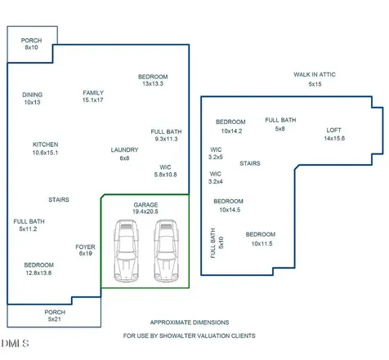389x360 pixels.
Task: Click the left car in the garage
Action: (x=126, y=251)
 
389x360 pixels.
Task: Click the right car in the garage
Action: (x=166, y=251)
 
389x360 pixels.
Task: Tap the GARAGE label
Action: (x=145, y=205)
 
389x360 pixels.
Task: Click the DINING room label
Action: (x=33, y=95)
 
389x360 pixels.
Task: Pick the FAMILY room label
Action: (x=93, y=93)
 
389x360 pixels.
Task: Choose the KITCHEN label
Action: (x=46, y=144)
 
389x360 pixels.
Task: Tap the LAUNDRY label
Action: (x=124, y=150)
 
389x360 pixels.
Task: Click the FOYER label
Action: (x=85, y=247)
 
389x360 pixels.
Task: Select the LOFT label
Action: (x=333, y=131)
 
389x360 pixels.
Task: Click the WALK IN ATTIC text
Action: (x=315, y=74)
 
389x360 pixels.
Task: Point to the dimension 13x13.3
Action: (x=153, y=84)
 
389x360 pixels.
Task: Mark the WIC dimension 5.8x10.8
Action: (x=165, y=175)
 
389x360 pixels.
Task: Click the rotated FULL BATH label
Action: (x=213, y=243)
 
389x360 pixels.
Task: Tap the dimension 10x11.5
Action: (x=262, y=244)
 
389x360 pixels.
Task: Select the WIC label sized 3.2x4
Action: (x=215, y=174)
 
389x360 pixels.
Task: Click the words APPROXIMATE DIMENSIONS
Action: (x=190, y=322)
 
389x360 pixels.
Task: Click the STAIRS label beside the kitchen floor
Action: (x=59, y=200)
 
